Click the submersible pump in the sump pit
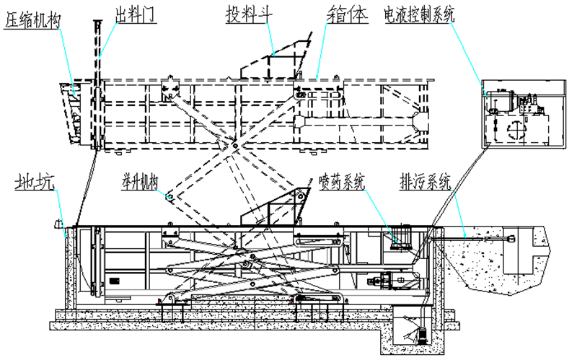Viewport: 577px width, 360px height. coord(420,333)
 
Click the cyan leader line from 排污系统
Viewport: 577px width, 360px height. coord(460,209)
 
